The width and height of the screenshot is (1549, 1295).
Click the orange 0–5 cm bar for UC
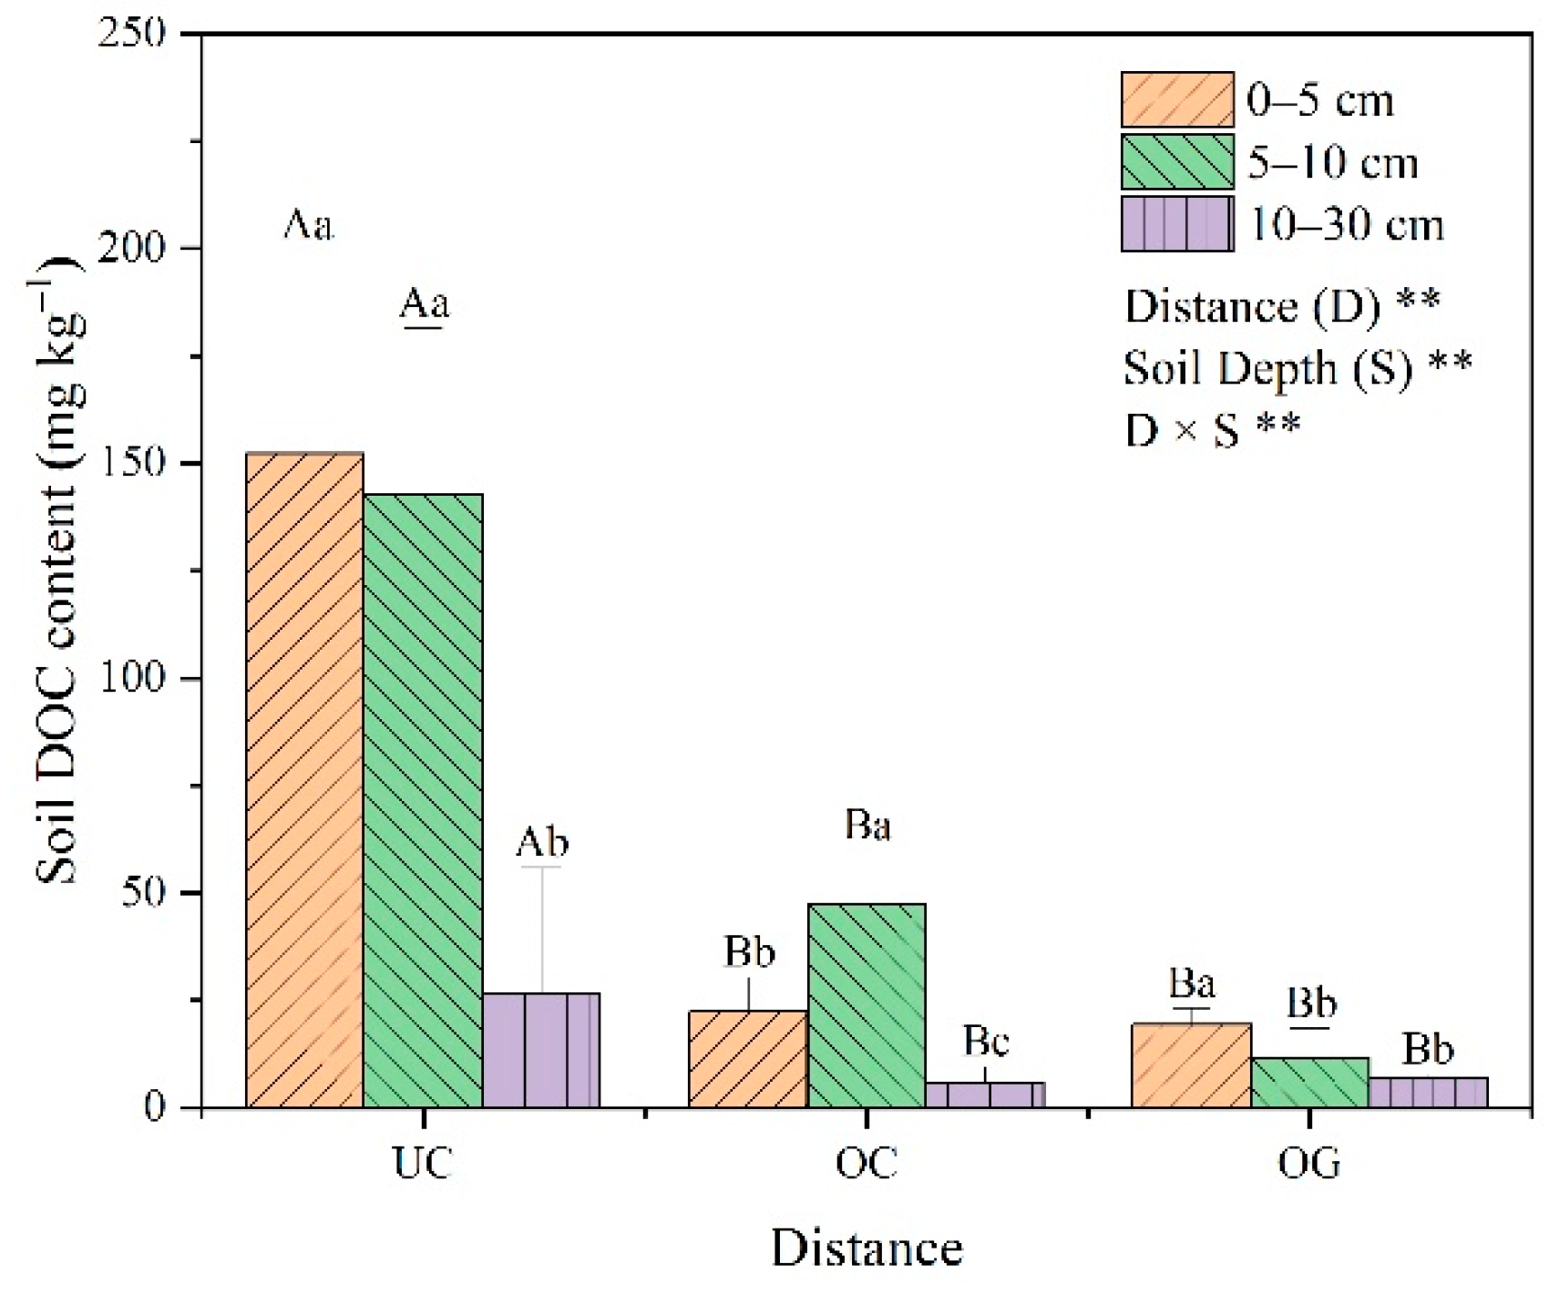pos(305,779)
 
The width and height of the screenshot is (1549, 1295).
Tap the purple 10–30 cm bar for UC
pos(541,1050)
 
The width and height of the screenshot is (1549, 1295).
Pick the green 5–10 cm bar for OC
pos(867,1005)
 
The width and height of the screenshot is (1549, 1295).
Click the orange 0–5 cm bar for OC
pos(748,1059)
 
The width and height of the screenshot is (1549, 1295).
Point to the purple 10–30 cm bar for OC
pos(985,1095)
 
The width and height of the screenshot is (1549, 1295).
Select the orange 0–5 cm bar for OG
pos(1191,1065)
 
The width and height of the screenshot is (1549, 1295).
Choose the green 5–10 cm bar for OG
pos(1309,1083)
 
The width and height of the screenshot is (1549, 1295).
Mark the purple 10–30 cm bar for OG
pos(1428,1093)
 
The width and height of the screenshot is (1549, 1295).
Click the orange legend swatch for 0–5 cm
pos(1177,99)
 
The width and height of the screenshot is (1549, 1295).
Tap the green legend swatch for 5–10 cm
pos(1177,162)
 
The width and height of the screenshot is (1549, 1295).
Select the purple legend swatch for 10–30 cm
pos(1177,224)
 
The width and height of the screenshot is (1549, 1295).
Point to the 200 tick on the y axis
pos(138,248)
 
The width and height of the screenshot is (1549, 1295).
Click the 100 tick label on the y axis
pos(138,678)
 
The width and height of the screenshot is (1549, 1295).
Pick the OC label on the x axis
pos(867,1163)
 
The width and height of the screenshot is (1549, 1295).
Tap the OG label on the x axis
pos(1309,1163)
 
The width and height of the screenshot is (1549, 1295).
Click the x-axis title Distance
pos(867,1248)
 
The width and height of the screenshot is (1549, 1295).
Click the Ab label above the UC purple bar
pos(542,842)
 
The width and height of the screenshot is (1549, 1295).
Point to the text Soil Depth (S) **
pos(1298,368)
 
